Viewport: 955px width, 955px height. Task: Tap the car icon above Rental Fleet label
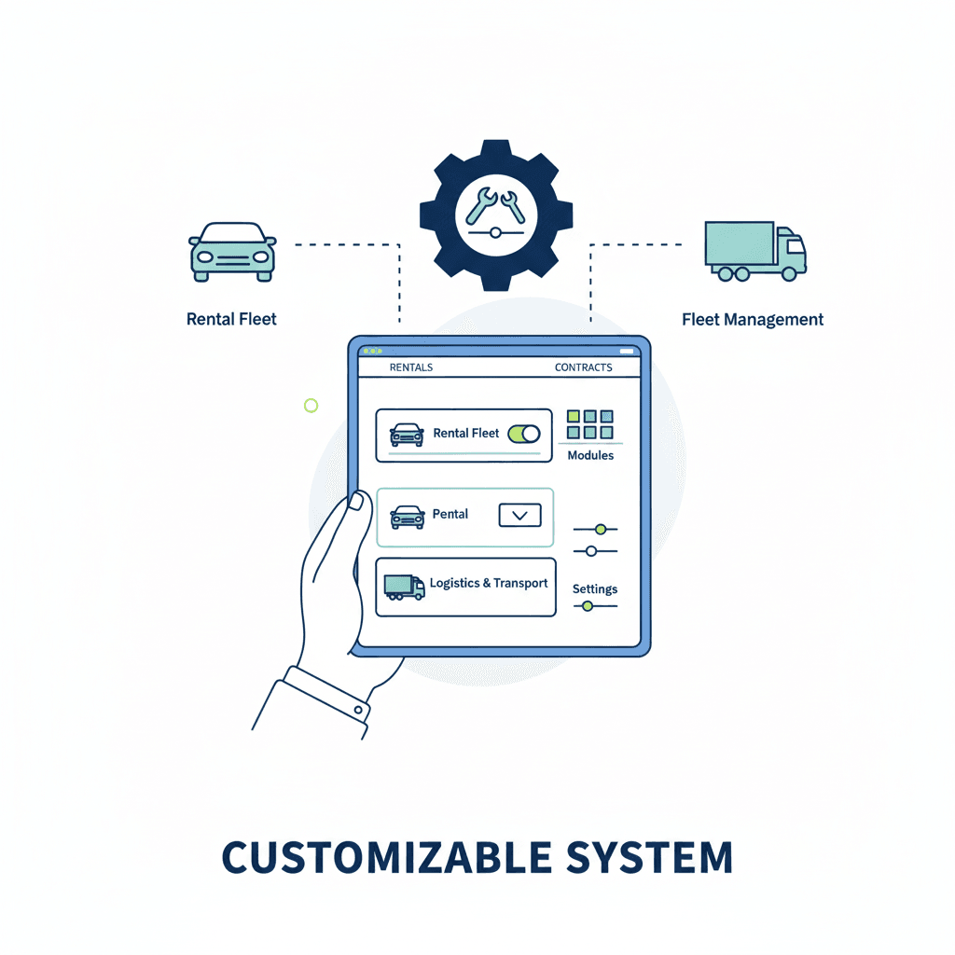pyautogui.click(x=232, y=252)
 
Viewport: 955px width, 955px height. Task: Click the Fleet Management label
pyautogui.click(x=753, y=320)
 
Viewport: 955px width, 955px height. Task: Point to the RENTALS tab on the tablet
pyautogui.click(x=410, y=367)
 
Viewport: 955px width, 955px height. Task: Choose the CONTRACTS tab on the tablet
pyautogui.click(x=583, y=367)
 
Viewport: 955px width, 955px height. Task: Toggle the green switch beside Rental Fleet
pyautogui.click(x=524, y=434)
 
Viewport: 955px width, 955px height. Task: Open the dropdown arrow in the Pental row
pyautogui.click(x=520, y=515)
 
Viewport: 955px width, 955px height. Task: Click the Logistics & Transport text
pyautogui.click(x=489, y=583)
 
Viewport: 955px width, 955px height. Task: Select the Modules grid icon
pyautogui.click(x=590, y=424)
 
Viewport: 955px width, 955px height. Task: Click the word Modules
pyautogui.click(x=590, y=455)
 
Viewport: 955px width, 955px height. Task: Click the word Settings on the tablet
pyautogui.click(x=595, y=588)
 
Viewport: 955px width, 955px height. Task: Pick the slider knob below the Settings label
pyautogui.click(x=587, y=606)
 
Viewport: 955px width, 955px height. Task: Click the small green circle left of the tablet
pyautogui.click(x=311, y=405)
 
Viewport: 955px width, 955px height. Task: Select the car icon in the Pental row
pyautogui.click(x=407, y=517)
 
